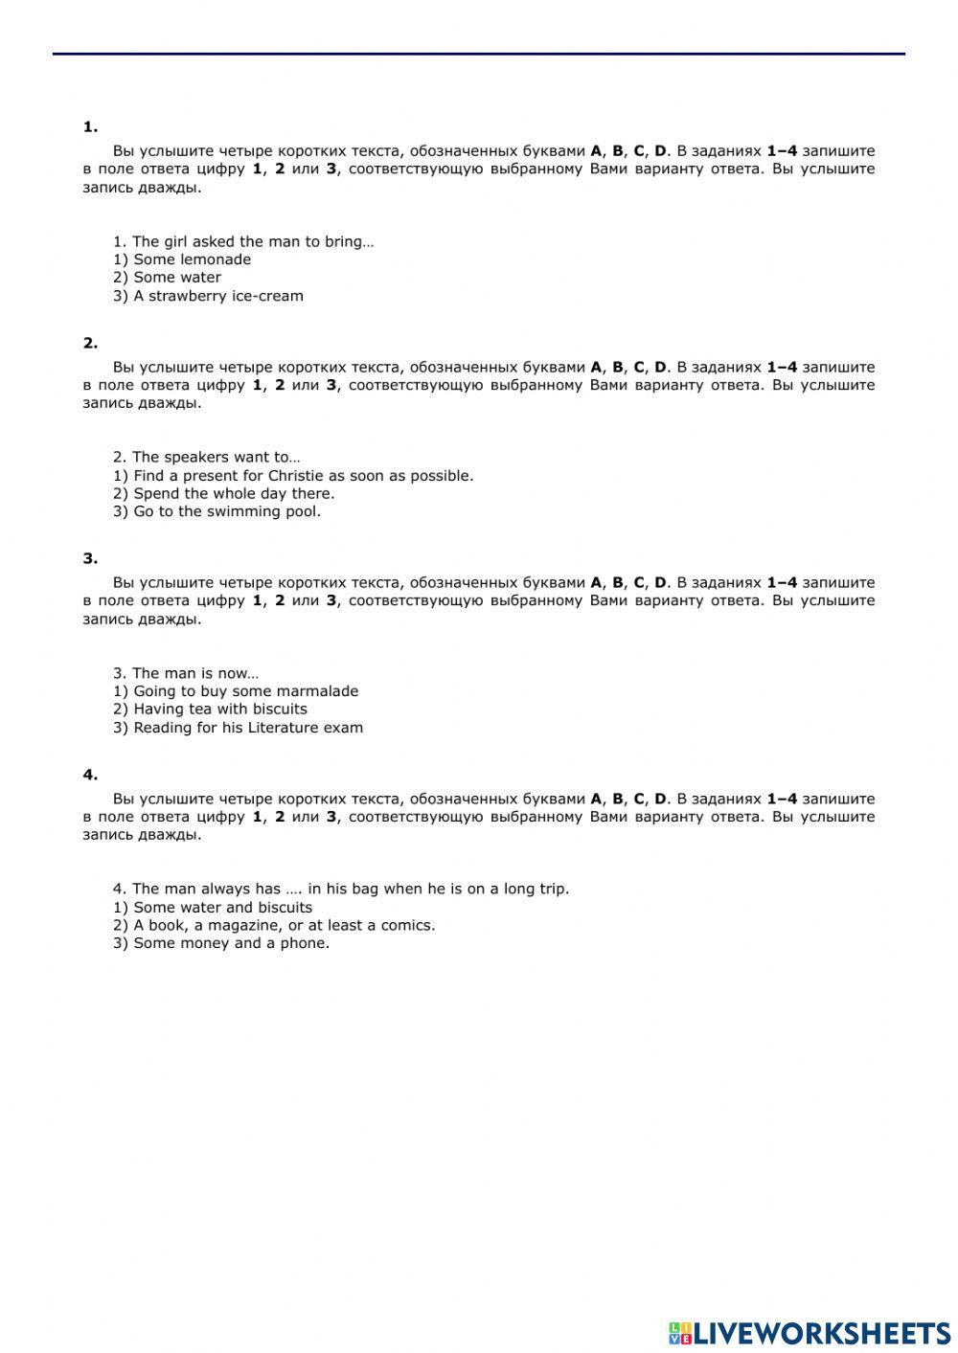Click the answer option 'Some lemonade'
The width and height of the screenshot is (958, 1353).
[x=192, y=259]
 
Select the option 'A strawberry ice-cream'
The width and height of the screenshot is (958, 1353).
[x=217, y=296]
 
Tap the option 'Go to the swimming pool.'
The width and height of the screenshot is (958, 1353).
[x=226, y=511]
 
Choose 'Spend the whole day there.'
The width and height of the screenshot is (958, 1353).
[x=233, y=494]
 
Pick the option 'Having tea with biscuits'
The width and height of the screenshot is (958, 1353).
[x=219, y=710]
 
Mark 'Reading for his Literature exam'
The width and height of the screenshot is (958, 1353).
[x=247, y=728]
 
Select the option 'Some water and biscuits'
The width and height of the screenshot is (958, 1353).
[x=222, y=908]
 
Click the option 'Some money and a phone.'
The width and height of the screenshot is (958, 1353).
[x=231, y=943]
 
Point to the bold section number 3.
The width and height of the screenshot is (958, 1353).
[x=90, y=559]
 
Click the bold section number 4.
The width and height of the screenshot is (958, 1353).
[x=90, y=775]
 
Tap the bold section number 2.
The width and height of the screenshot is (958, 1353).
[x=90, y=343]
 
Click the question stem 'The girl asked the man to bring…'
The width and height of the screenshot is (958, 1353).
[x=243, y=241]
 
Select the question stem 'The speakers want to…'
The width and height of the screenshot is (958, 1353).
[x=206, y=457]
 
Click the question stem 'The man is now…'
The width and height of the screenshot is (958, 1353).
[x=186, y=673]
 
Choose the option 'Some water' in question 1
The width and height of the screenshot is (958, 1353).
[x=176, y=278]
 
